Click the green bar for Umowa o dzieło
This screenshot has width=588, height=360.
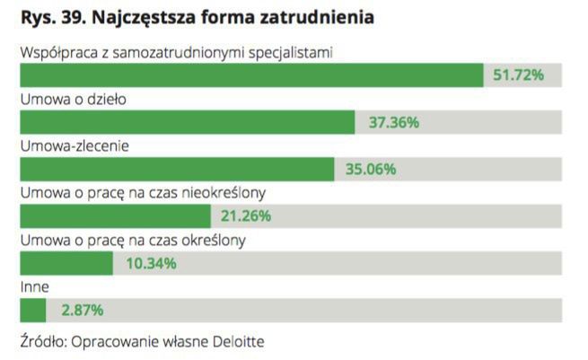pyautogui.click(x=188, y=122)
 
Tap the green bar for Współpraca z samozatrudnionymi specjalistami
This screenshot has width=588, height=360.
pyautogui.click(x=251, y=75)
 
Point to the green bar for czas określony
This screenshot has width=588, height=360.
pyautogui.click(x=66, y=263)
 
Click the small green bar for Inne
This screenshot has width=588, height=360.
pyautogui.click(x=33, y=310)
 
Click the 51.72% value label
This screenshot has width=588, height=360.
pyautogui.click(x=518, y=75)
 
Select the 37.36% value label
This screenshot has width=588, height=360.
pyautogui.click(x=393, y=122)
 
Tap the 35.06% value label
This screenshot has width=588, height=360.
pyautogui.click(x=371, y=169)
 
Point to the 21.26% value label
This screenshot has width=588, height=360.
pyautogui.click(x=246, y=215)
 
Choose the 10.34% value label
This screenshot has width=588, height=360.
pyautogui.click(x=150, y=263)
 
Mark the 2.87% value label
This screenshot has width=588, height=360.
pyautogui.click(x=82, y=310)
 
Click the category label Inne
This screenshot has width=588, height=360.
pyautogui.click(x=34, y=286)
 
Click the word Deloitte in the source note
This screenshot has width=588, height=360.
pyautogui.click(x=240, y=341)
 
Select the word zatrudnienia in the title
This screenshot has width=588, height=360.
pyautogui.click(x=316, y=17)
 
